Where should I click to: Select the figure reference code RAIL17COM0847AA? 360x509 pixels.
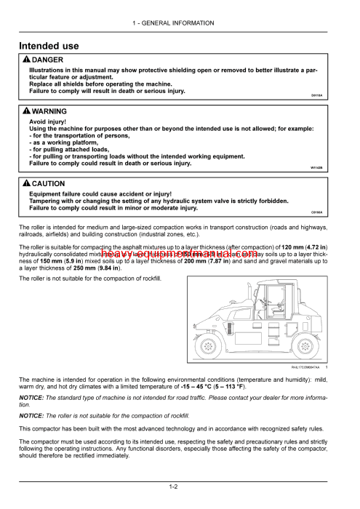tap(305, 367)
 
